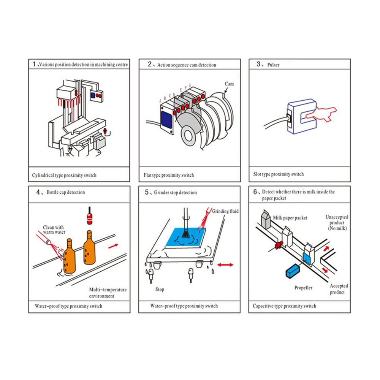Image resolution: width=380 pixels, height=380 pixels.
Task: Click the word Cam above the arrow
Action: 229,84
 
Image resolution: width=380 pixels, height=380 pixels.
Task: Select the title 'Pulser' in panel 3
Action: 273,65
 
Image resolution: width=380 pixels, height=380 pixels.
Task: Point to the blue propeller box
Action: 293,271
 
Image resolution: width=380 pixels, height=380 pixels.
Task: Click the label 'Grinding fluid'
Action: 225,211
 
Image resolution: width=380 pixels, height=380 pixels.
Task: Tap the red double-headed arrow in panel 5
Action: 225,265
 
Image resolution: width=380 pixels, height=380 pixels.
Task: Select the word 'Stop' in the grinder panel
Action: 160,289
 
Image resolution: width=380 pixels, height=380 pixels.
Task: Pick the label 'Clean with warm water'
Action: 54,230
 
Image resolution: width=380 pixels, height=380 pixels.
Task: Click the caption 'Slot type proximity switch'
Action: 278,174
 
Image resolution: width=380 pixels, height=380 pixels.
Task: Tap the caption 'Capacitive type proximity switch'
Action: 284,306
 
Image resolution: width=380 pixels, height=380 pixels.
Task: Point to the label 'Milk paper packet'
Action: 290,218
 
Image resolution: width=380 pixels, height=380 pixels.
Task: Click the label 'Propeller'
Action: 303,288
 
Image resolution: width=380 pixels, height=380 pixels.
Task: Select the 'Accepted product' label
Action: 339,289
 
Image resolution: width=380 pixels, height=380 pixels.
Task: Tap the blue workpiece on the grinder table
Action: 186,237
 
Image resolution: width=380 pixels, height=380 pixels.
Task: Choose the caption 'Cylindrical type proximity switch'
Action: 64,175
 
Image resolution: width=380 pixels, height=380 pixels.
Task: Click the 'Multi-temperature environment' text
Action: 108,293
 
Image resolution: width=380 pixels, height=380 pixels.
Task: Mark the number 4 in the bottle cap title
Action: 38,192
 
